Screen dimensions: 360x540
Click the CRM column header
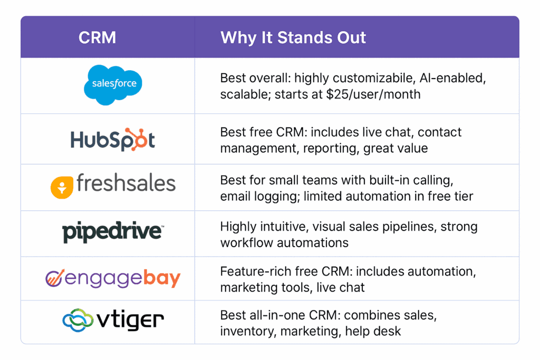click(98, 37)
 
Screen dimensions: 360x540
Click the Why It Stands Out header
click(293, 37)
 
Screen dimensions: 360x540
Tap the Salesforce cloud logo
click(113, 84)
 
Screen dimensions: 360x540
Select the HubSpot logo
click(113, 140)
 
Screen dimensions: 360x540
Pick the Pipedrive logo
click(113, 232)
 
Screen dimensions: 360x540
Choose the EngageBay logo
click(113, 278)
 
